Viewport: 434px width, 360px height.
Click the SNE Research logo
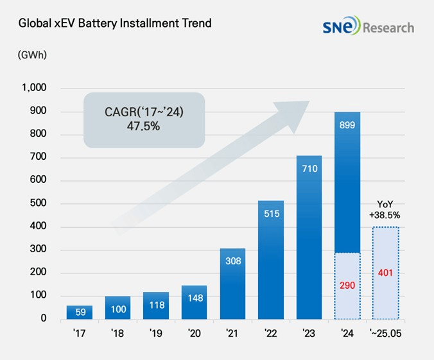[x=369, y=27]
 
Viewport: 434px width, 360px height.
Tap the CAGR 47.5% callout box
[x=144, y=119]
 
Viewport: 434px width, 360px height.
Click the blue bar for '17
[x=79, y=313]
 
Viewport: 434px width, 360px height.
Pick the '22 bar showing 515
[x=270, y=260]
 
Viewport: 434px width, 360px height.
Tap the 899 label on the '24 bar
[x=347, y=126]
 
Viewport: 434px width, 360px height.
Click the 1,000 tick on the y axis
[x=34, y=88]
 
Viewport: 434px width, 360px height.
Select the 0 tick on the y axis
[x=44, y=319]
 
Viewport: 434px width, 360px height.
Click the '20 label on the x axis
[x=194, y=334]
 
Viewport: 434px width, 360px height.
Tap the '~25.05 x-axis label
[x=385, y=334]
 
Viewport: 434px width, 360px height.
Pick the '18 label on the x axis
[x=117, y=334]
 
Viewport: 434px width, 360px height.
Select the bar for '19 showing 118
[x=156, y=306]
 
